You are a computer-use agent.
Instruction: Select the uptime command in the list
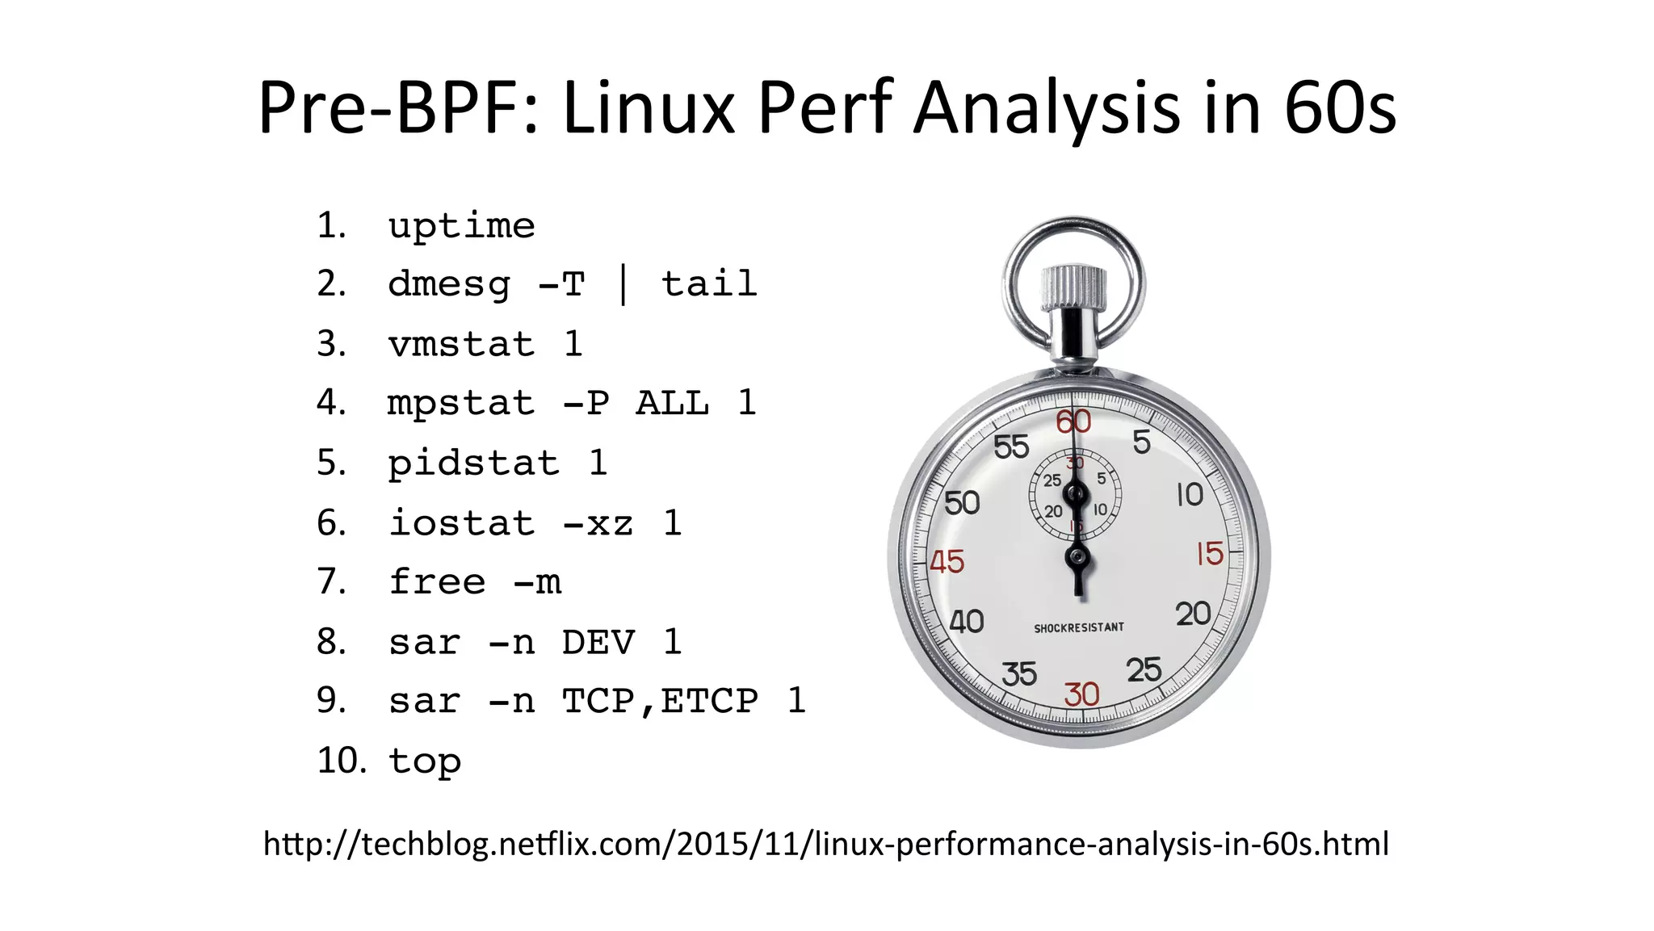point(461,225)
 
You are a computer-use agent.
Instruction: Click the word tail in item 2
point(709,284)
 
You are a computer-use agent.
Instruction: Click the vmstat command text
point(461,345)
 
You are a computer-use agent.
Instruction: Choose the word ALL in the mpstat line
point(673,403)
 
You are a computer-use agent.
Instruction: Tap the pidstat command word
point(473,463)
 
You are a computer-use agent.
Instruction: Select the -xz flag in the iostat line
point(598,523)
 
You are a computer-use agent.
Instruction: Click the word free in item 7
point(437,581)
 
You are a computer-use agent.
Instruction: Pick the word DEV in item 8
point(598,642)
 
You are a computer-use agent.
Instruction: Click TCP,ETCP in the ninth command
point(661,701)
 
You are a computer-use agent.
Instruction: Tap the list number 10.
point(341,761)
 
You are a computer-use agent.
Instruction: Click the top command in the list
point(425,761)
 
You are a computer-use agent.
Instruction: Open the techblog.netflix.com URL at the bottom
point(826,844)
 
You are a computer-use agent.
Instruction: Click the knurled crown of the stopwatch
point(1073,287)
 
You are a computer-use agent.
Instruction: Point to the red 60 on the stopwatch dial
point(1073,421)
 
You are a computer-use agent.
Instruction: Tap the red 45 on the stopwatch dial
point(947,561)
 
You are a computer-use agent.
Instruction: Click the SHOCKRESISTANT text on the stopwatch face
point(1079,627)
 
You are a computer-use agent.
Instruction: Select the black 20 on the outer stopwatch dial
point(1193,614)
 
